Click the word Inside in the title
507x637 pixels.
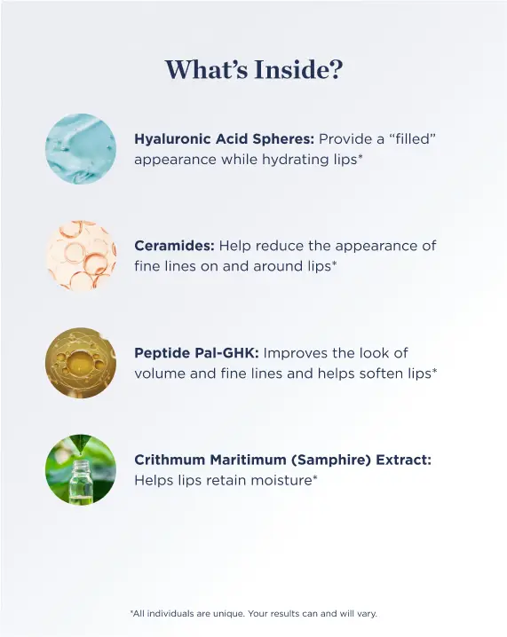298,69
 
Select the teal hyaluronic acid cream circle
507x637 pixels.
81,149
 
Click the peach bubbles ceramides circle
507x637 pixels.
81,256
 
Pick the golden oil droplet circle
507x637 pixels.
81,363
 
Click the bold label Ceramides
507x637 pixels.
174,246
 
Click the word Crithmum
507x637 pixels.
170,460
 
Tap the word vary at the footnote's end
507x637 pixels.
367,613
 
